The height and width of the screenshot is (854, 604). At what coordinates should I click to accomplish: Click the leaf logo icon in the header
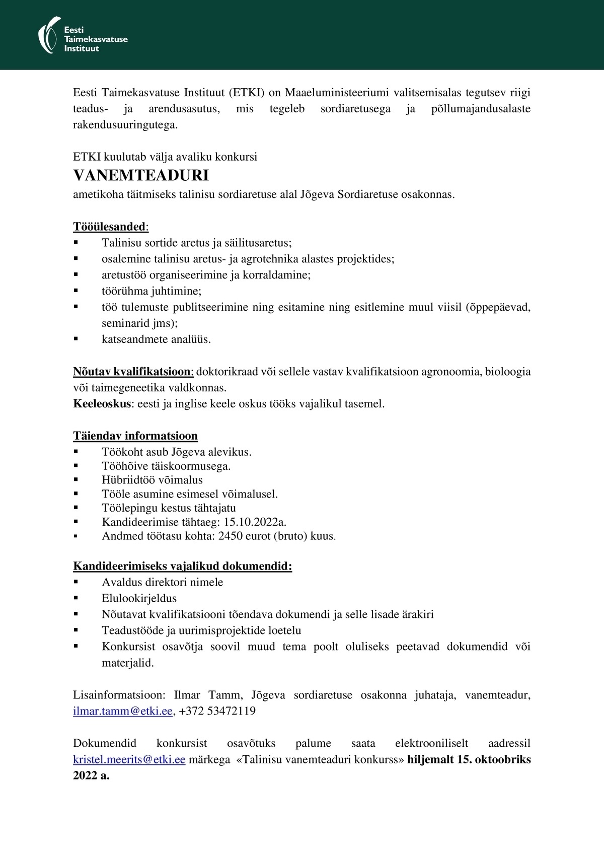pos(49,34)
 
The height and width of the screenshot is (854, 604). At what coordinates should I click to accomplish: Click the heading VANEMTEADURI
pos(141,175)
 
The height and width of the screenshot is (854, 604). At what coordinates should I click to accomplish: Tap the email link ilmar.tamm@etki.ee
pos(123,711)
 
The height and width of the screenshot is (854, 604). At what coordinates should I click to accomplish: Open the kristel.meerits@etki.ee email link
pos(129,759)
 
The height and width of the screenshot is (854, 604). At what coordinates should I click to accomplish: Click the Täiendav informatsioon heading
pos(135,436)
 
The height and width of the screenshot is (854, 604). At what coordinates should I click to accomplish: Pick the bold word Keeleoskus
pos(102,404)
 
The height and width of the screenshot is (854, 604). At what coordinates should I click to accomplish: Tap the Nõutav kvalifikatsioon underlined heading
pos(132,372)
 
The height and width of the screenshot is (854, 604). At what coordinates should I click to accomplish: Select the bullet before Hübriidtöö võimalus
pos(76,480)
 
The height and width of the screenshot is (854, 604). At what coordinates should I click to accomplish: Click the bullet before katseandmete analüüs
pos(76,339)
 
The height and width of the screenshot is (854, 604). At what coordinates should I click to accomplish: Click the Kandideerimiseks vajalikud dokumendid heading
pos(183,566)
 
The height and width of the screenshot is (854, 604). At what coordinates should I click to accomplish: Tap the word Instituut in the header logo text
pos(82,48)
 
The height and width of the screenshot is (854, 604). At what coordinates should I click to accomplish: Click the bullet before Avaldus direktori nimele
pos(76,582)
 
